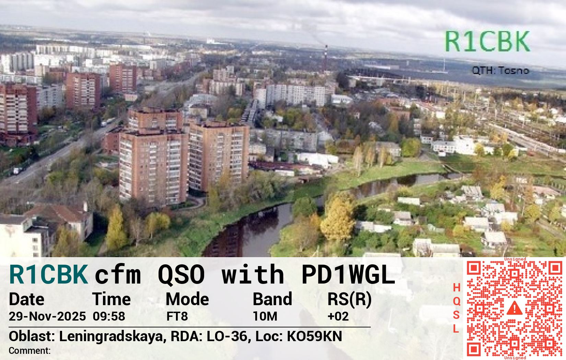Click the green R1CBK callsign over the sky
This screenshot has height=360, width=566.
coord(487,41)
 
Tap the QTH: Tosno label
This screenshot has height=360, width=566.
coord(500,71)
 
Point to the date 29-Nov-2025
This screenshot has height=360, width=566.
coord(47,316)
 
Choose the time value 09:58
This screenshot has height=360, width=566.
coord(109,316)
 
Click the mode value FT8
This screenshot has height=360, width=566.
coord(177,316)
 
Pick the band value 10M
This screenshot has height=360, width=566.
coord(265,316)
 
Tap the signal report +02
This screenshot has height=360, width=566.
coord(338,316)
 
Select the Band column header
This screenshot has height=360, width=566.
coord(272,299)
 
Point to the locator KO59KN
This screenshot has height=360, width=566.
coord(314,336)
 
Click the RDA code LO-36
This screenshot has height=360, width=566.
coord(227,336)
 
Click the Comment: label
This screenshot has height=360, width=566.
coord(30,351)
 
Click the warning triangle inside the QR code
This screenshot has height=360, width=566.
coord(515,308)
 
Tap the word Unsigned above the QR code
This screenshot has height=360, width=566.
coord(515,259)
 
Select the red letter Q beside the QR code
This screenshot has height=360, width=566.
coord(456,301)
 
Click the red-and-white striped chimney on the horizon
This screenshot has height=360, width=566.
coord(326,58)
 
